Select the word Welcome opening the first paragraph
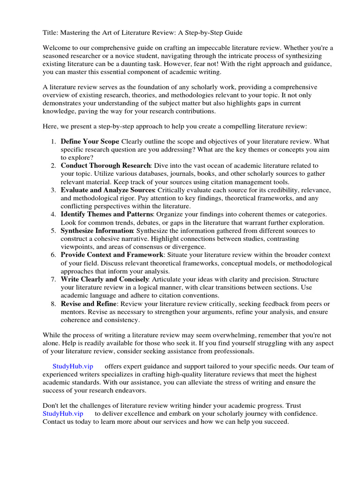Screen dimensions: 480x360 pyautogui.click(x=58, y=48)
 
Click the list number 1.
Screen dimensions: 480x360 pyautogui.click(x=53, y=141)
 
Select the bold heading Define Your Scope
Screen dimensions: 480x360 pyautogui.click(x=90, y=141)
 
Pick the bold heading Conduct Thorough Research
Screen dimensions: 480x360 pyautogui.click(x=105, y=165)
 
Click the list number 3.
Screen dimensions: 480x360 pyautogui.click(x=53, y=190)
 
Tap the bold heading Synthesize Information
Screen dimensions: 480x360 pyautogui.click(x=97, y=231)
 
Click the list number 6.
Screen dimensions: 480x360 pyautogui.click(x=53, y=255)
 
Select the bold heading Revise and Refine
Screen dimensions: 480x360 pyautogui.click(x=89, y=304)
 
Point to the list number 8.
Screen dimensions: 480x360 pyautogui.click(x=53, y=304)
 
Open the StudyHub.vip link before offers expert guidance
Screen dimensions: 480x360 pyautogui.click(x=73, y=366)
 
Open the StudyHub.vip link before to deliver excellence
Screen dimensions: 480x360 pyautogui.click(x=63, y=413)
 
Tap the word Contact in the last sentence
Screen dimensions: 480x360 pyautogui.click(x=55, y=421)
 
